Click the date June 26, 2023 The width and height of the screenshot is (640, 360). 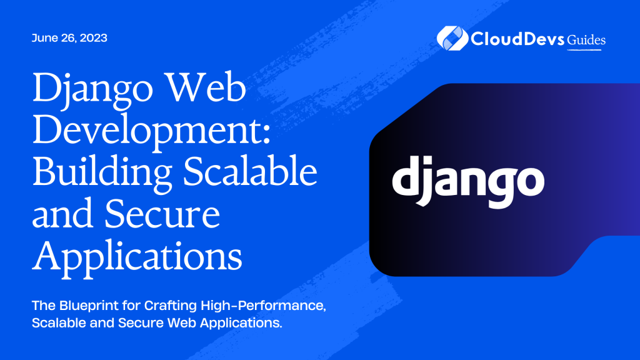pos(69,38)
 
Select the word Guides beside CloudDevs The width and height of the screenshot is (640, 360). pos(586,40)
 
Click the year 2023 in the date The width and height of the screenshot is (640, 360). pos(94,38)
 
